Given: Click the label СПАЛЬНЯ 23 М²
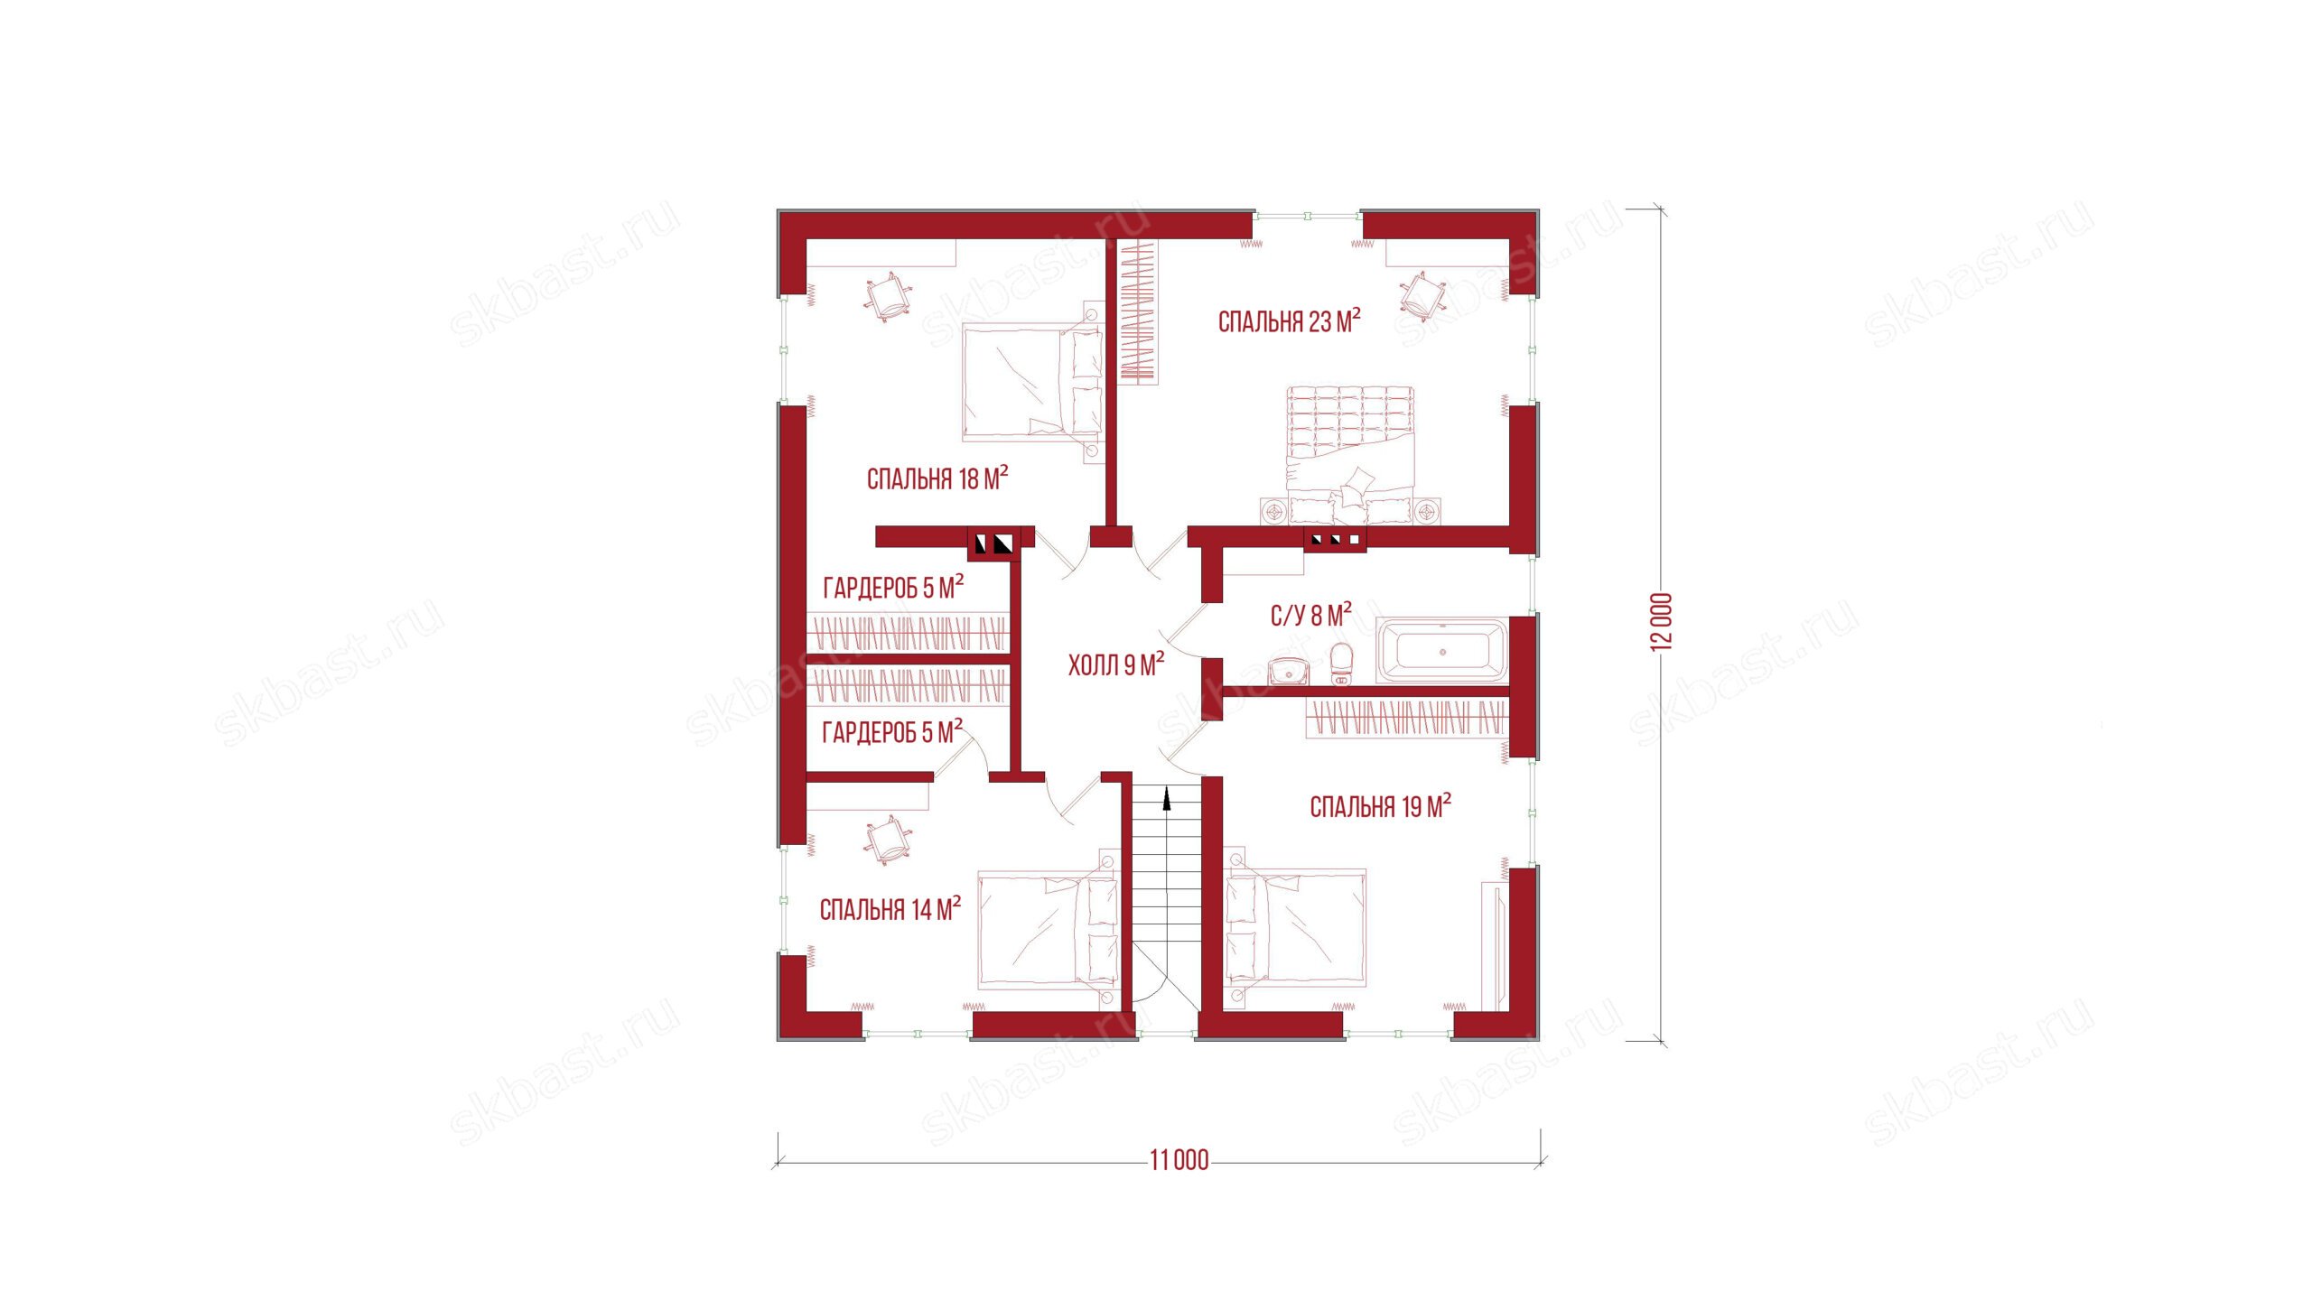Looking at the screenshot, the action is [1289, 320].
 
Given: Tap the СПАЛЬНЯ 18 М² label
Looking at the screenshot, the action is [937, 478].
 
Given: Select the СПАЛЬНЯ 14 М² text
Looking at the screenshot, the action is [890, 908].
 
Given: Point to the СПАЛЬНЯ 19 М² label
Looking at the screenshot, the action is [1381, 806].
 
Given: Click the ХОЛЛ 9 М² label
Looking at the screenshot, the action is [1116, 665].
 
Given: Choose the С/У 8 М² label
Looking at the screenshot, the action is [1311, 615].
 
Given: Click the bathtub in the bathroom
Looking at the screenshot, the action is [1442, 651].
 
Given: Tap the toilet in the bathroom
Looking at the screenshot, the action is [1342, 664].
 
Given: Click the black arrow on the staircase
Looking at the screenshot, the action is [1167, 800].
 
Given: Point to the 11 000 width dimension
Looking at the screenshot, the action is [1179, 1160].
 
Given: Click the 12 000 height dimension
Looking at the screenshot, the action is [1662, 621].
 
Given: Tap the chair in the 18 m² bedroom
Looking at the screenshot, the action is [256, 297].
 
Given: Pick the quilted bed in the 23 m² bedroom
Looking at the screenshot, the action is [1350, 454].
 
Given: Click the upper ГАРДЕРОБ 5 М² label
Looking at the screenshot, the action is [893, 587].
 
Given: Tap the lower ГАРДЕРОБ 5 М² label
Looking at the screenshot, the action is [892, 730].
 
